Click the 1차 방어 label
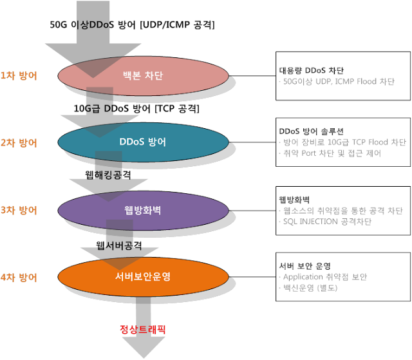[x=19, y=75]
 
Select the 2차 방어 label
[x=19, y=142]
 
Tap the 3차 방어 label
[x=19, y=210]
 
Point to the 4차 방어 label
[x=19, y=278]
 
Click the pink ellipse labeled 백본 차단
[x=143, y=77]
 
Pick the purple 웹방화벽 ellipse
[x=143, y=211]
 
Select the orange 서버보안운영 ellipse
[x=143, y=278]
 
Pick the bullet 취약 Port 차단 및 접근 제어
[x=332, y=153]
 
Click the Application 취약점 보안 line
[x=324, y=277]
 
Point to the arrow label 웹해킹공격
[x=108, y=175]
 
